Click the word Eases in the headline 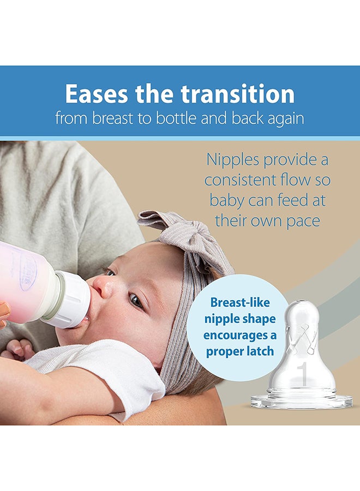click(97, 94)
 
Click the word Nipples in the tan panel click(232, 160)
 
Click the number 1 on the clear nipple click(302, 373)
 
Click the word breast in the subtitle click(110, 118)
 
